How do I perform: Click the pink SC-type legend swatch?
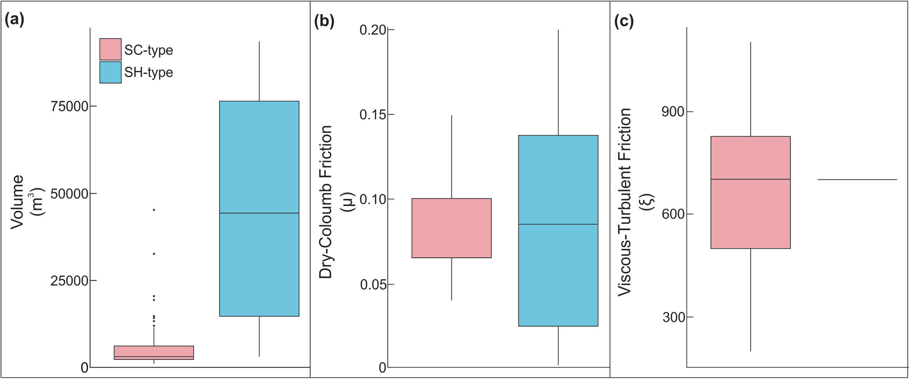pyautogui.click(x=110, y=49)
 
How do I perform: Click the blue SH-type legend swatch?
pyautogui.click(x=110, y=72)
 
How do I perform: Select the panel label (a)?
pyautogui.click(x=14, y=20)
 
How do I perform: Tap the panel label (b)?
pyautogui.click(x=324, y=20)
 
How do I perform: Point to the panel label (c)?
pyautogui.click(x=624, y=20)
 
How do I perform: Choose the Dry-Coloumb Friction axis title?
pyautogui.click(x=326, y=202)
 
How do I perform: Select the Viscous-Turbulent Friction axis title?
pyautogui.click(x=625, y=202)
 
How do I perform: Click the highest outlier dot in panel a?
pyautogui.click(x=154, y=209)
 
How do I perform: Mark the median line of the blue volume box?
pyautogui.click(x=259, y=213)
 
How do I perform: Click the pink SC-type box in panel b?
pyautogui.click(x=451, y=228)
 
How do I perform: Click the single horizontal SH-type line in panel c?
pyautogui.click(x=857, y=180)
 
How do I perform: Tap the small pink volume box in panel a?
pyautogui.click(x=154, y=352)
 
